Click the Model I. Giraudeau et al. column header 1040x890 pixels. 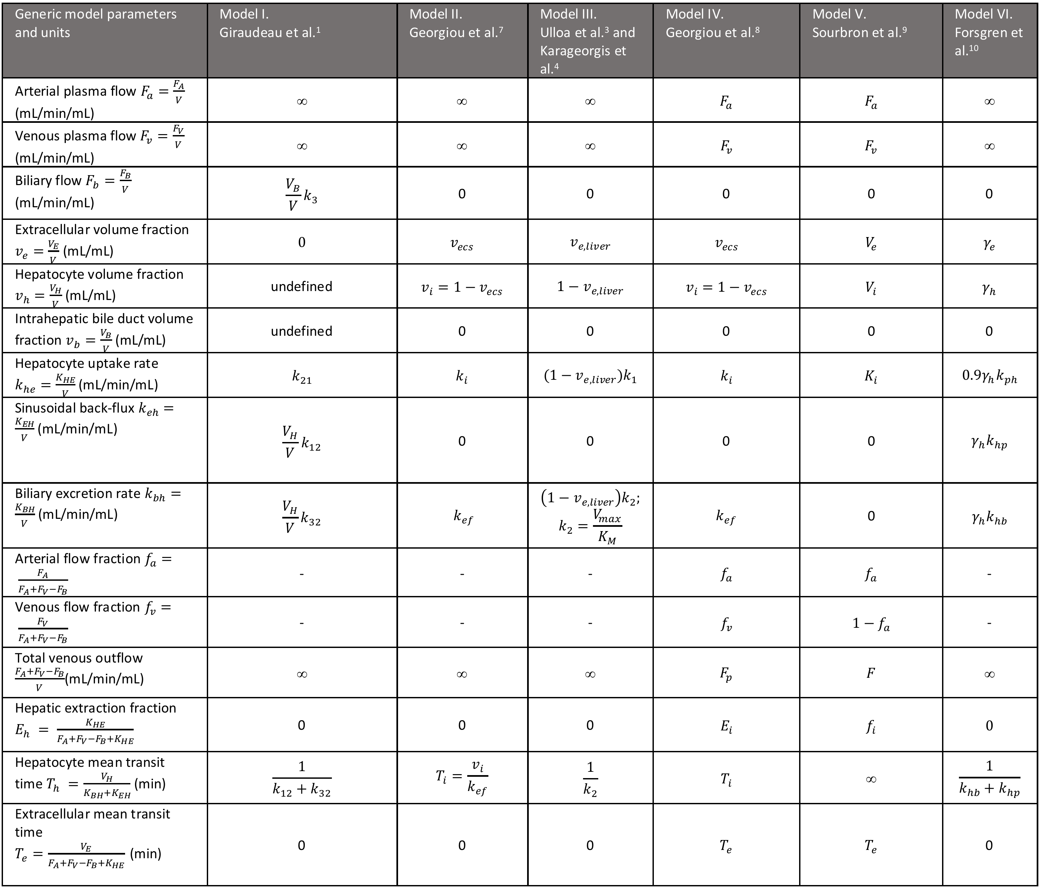point(270,24)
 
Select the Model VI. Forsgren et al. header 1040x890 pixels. point(988,32)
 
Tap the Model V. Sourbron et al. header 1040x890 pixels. point(859,24)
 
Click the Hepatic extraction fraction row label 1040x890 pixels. point(95,723)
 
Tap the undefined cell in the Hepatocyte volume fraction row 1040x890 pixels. point(302,286)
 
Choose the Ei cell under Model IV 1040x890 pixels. point(726,726)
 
